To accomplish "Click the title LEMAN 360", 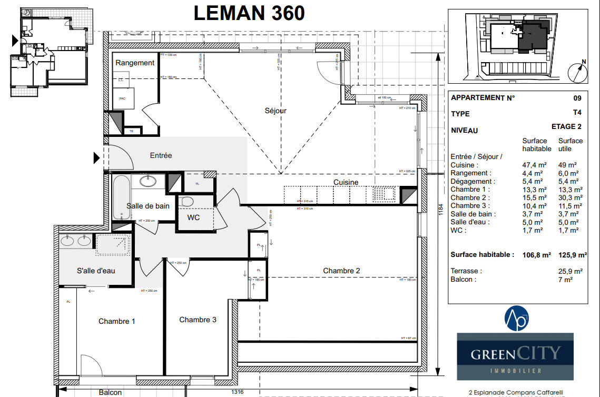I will click(x=249, y=13).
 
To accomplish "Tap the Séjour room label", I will click(x=276, y=111).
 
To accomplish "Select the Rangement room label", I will click(x=135, y=63).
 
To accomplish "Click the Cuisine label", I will click(x=346, y=182).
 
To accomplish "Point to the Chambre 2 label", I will click(x=341, y=271).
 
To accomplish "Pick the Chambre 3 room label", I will click(x=198, y=320).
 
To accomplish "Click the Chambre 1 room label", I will click(x=117, y=321).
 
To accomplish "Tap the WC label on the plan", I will click(x=194, y=217).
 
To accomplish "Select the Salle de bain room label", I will click(x=148, y=206).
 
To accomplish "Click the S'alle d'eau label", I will click(x=96, y=271).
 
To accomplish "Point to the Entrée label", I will click(x=161, y=155).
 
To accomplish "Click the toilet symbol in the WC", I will click(x=185, y=201).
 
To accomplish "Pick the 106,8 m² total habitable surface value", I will click(x=536, y=255).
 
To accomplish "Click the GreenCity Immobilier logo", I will click(x=515, y=356).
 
